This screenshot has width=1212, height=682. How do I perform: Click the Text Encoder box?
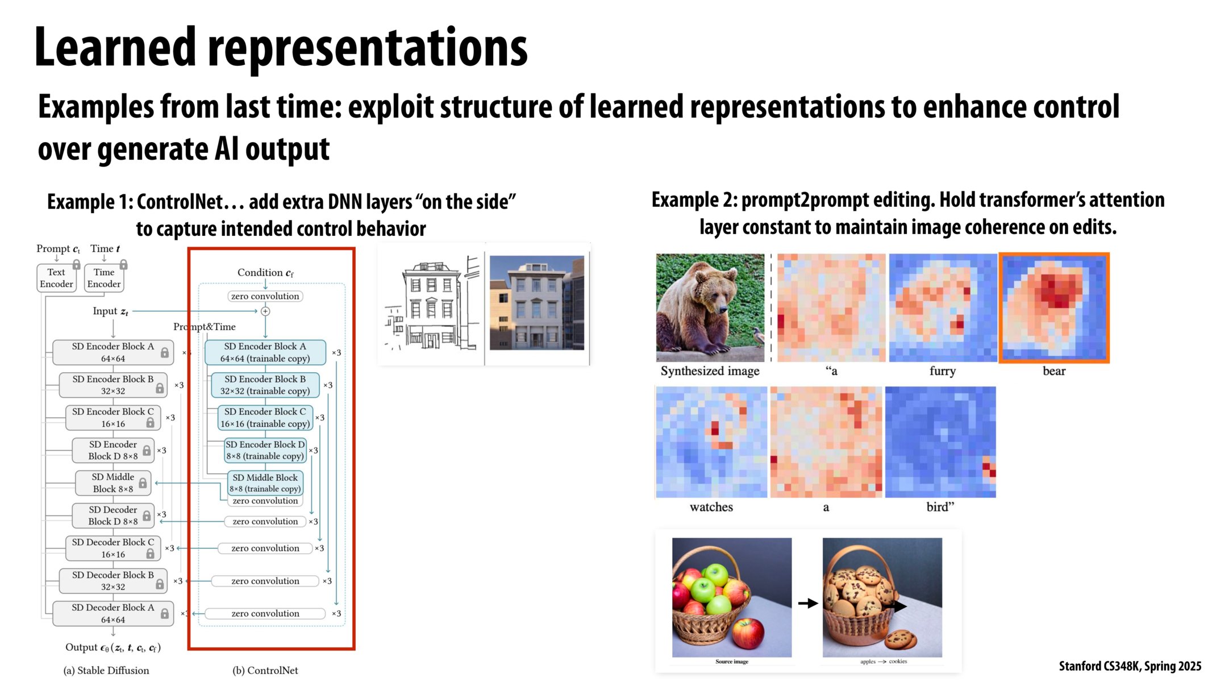[x=56, y=278]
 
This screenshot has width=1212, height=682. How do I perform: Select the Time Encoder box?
[x=104, y=278]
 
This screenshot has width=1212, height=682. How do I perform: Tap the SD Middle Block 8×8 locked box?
[x=113, y=483]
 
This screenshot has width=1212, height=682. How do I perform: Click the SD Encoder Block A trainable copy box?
[x=265, y=352]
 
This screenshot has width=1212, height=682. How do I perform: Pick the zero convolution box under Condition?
[x=265, y=296]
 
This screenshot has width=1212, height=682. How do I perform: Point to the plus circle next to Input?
[x=265, y=311]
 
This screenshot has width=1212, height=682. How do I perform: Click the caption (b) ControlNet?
[x=265, y=671]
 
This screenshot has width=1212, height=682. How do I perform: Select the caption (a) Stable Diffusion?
[x=106, y=671]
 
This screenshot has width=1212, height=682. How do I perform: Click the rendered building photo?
[x=537, y=303]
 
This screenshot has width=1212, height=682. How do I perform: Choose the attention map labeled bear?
[x=1054, y=307]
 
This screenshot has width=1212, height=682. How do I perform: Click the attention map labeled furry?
[x=943, y=307]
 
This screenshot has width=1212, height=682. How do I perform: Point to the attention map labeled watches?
[x=711, y=442]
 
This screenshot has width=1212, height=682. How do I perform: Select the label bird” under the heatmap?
[x=940, y=507]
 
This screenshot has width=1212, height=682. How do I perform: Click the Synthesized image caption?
[x=710, y=371]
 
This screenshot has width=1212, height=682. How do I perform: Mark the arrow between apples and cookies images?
[x=807, y=603]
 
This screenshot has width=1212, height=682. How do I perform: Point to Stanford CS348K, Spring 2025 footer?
[x=1130, y=666]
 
